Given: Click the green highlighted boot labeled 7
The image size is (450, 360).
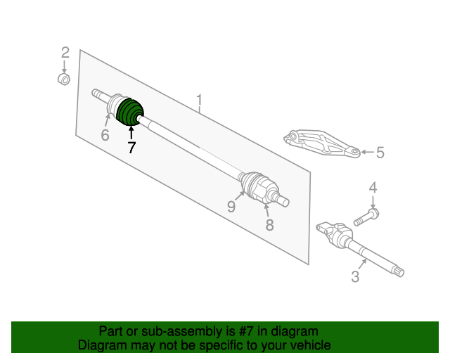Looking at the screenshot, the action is pos(129,112).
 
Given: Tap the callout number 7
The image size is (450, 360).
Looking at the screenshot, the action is pos(131,148).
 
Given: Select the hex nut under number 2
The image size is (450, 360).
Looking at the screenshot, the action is pos(64,79).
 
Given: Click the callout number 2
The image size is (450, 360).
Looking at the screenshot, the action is pos(65,53).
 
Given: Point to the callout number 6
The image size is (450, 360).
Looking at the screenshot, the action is pos(105,135).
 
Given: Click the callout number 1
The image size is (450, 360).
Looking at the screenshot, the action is pos(199,100).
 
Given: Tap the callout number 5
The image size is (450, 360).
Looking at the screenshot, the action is pos(380,152).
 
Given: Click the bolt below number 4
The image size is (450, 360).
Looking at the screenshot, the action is pos(366,217).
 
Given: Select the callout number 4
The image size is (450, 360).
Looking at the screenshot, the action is pos(373,188).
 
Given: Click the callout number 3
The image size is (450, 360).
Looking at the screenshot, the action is pos(355,276).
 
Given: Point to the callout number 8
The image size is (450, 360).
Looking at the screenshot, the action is pos(269,225).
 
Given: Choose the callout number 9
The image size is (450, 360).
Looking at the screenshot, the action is pos(231,206).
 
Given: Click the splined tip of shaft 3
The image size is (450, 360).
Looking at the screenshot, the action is pos(398,271).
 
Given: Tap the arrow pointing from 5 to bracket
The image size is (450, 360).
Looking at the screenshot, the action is pos(367,152).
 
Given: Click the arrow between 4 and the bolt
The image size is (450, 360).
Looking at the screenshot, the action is pos(373,202).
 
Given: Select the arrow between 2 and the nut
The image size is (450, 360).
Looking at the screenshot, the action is pos(64,67).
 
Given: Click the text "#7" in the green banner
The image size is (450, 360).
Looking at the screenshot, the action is pos(245,331).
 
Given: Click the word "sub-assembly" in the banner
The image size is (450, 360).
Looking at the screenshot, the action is pos(181,332).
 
